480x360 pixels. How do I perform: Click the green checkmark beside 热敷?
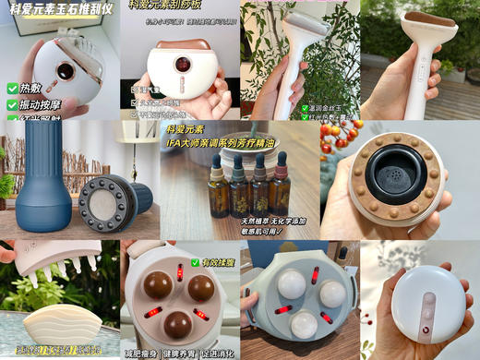[12, 89]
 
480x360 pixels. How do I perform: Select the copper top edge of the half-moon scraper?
[181, 43]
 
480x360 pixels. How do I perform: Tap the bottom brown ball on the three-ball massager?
[178, 324]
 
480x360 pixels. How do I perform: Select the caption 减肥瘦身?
[148, 352]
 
